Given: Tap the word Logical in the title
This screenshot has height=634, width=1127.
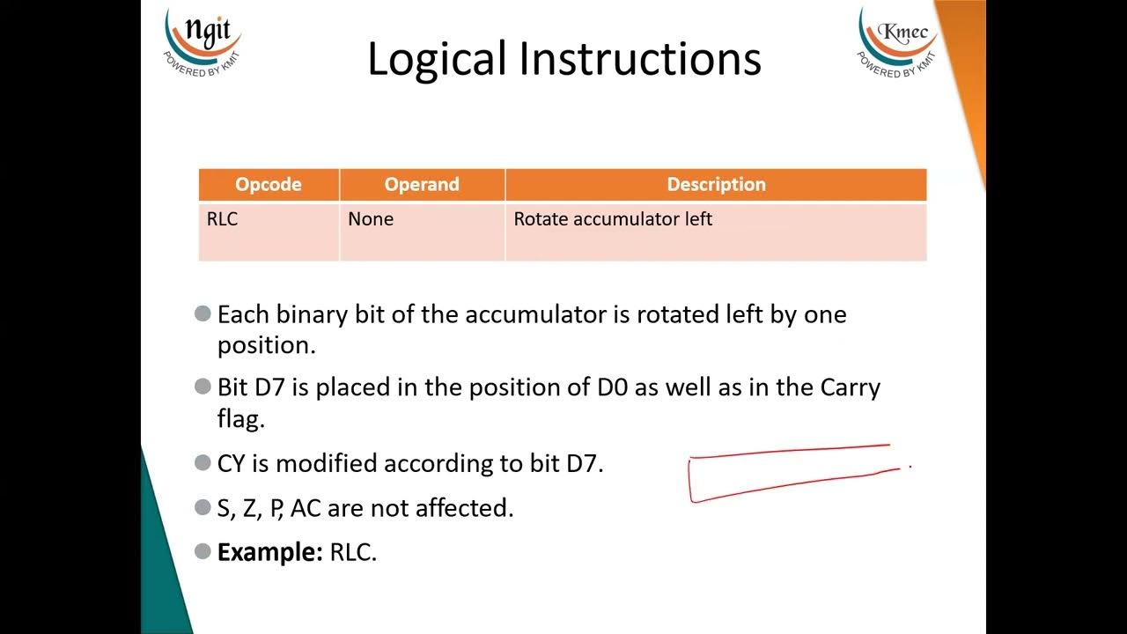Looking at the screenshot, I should click(x=436, y=60).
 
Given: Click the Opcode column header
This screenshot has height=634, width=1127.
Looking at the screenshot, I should click(x=269, y=185).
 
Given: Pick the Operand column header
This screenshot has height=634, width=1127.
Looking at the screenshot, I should click(x=422, y=185).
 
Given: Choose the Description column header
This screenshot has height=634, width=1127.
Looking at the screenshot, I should click(x=716, y=185).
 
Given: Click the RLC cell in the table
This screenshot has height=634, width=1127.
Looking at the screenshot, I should click(x=223, y=219).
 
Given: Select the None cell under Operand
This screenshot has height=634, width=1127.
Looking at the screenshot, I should click(x=371, y=219).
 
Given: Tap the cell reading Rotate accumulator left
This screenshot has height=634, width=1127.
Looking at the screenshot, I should click(x=613, y=219).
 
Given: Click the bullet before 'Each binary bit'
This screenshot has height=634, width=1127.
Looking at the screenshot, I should click(x=203, y=313).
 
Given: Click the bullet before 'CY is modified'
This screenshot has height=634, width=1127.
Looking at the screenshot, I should click(x=203, y=462).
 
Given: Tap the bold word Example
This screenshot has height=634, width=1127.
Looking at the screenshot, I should click(x=270, y=553).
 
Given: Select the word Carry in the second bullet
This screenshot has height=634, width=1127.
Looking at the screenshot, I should click(x=850, y=387).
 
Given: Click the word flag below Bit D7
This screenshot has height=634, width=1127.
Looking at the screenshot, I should click(x=240, y=419).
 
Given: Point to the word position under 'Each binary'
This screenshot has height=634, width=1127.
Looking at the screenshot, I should click(x=266, y=345).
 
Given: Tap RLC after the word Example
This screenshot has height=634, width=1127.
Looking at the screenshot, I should click(x=352, y=553).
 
